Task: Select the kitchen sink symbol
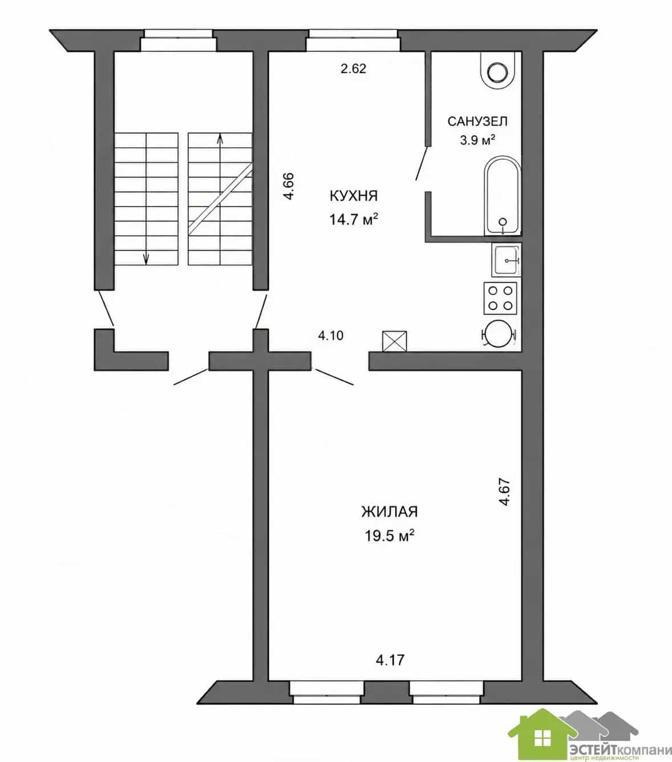pyautogui.click(x=506, y=260)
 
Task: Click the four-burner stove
pyautogui.click(x=500, y=299)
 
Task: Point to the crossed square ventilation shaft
pyautogui.click(x=394, y=341)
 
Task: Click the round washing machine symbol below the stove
pyautogui.click(x=499, y=333)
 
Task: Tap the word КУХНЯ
pyautogui.click(x=353, y=196)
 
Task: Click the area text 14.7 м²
pyautogui.click(x=353, y=219)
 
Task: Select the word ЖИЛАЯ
pyautogui.click(x=390, y=512)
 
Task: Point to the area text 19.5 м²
pyautogui.click(x=390, y=535)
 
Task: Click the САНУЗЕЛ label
pyautogui.click(x=477, y=122)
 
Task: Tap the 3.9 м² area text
pyautogui.click(x=477, y=140)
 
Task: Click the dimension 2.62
pyautogui.click(x=353, y=69)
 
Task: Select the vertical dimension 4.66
pyautogui.click(x=289, y=186)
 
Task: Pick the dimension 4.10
pyautogui.click(x=331, y=336)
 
